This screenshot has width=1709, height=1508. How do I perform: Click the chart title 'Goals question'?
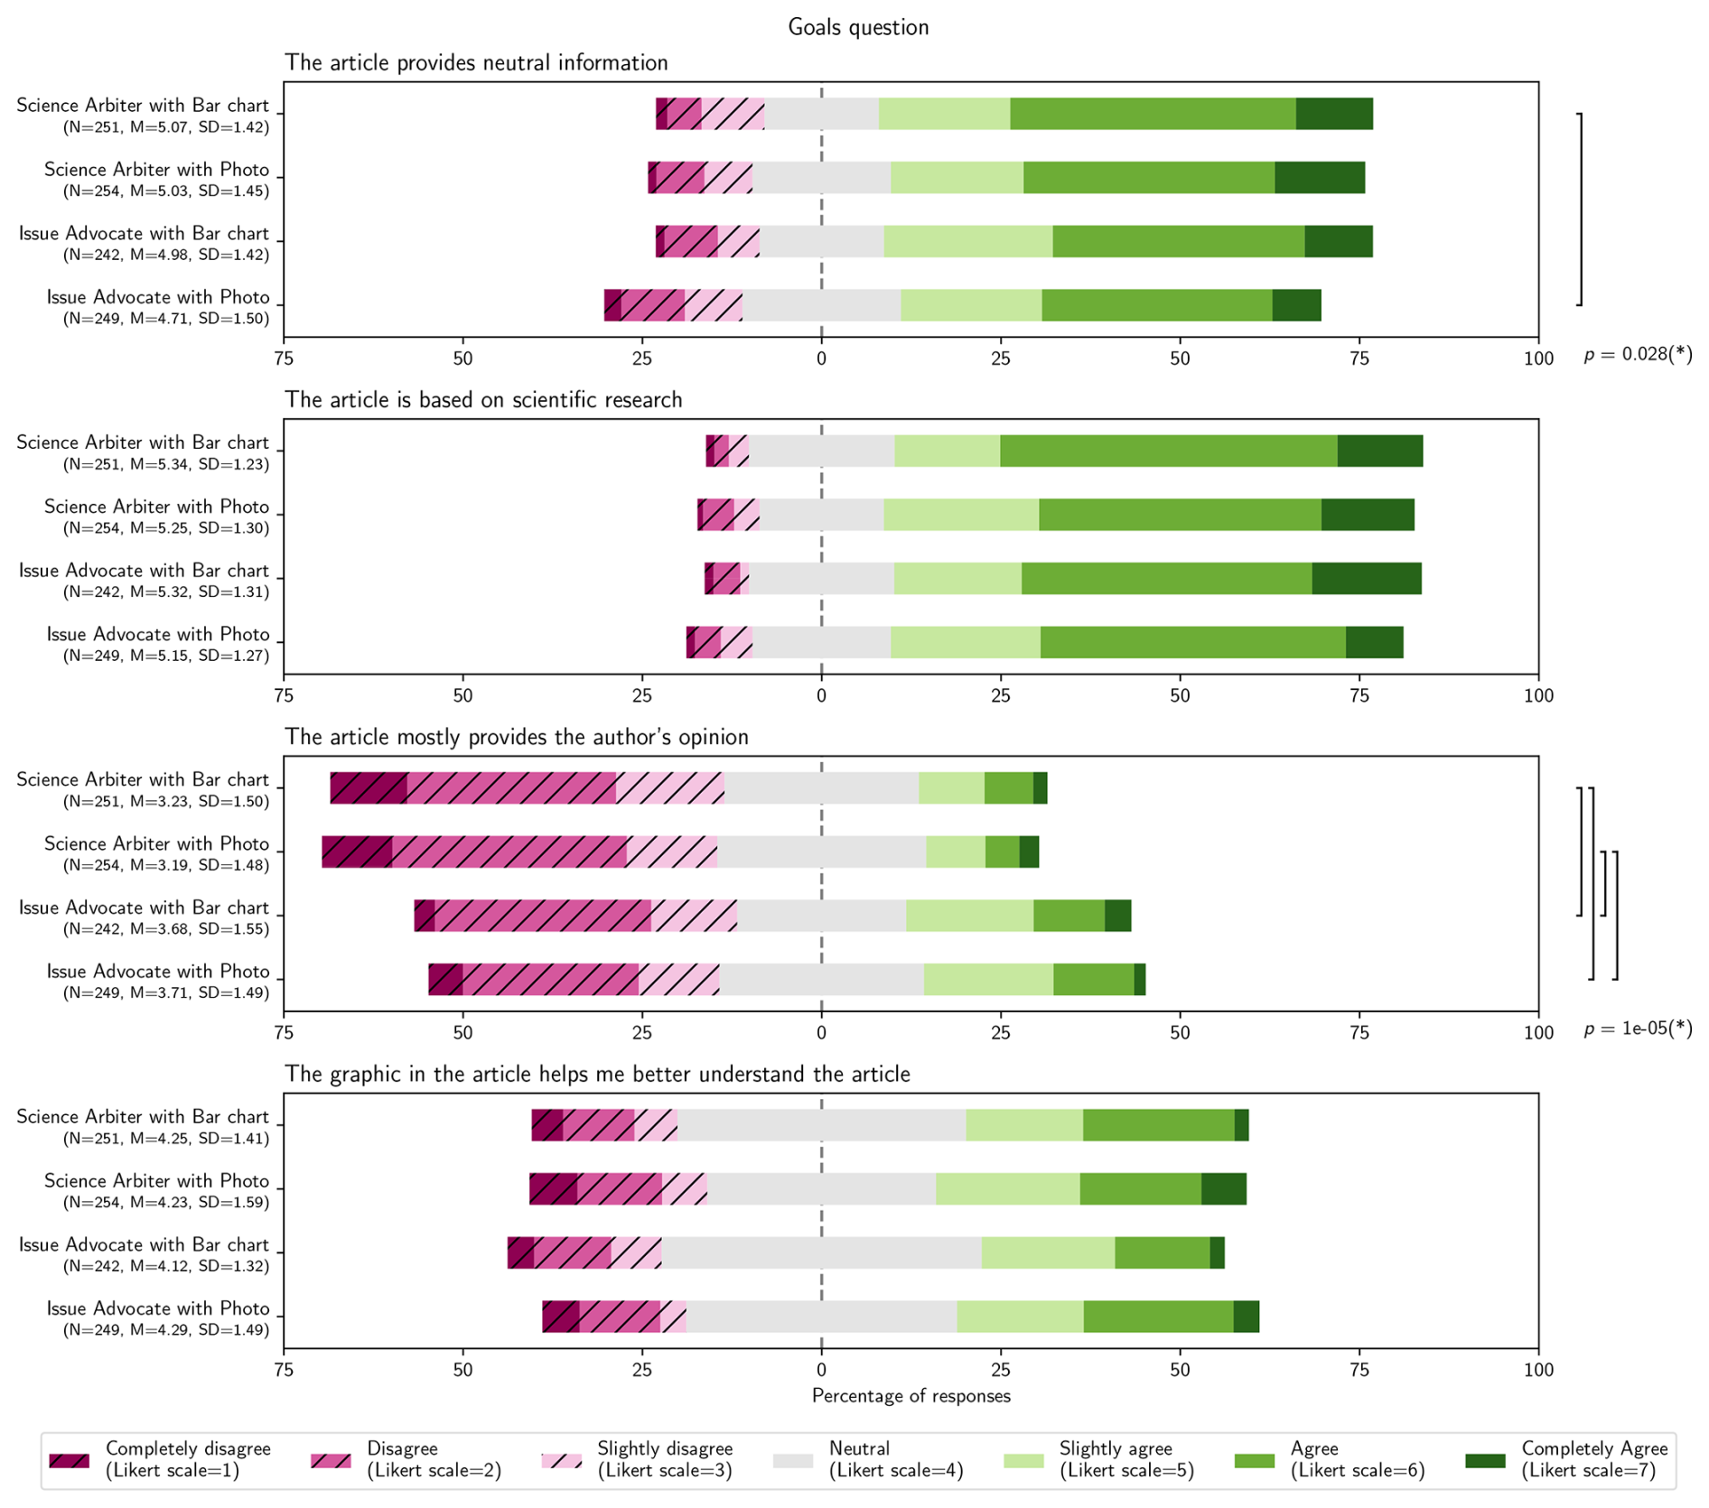click(x=857, y=27)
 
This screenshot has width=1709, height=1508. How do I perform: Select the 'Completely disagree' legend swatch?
click(x=70, y=1460)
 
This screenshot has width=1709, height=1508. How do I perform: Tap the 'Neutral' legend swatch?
click(x=793, y=1460)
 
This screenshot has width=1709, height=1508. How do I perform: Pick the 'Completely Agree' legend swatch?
click(x=1485, y=1460)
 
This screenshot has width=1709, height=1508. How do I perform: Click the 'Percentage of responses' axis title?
click(x=911, y=1396)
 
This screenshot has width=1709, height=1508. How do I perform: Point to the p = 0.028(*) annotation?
click(x=1638, y=355)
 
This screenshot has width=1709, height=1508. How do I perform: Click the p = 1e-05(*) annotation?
click(x=1638, y=1029)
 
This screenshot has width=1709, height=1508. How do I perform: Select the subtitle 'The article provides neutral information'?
click(x=476, y=63)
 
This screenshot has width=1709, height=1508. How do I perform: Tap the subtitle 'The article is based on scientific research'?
click(x=483, y=400)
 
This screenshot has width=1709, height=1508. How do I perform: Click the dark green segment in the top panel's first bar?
click(x=1334, y=114)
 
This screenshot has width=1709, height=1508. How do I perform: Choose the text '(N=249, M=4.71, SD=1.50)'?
click(x=166, y=319)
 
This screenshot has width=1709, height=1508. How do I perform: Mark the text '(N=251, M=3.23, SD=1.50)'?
click(x=166, y=801)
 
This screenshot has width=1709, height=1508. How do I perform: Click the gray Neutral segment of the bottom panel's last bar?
click(x=821, y=1317)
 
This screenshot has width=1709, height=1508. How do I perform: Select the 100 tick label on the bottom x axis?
click(x=1538, y=1370)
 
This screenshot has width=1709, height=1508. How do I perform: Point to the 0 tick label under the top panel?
click(x=821, y=358)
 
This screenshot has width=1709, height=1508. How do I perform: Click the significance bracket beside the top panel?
click(x=1580, y=209)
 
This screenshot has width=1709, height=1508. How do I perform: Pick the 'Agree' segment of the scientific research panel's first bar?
click(x=1168, y=451)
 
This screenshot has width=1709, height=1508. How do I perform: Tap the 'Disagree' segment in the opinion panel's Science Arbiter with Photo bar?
click(x=509, y=852)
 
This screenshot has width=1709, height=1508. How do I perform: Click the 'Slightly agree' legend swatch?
click(x=1023, y=1460)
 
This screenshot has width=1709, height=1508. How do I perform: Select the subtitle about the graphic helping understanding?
click(x=597, y=1075)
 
